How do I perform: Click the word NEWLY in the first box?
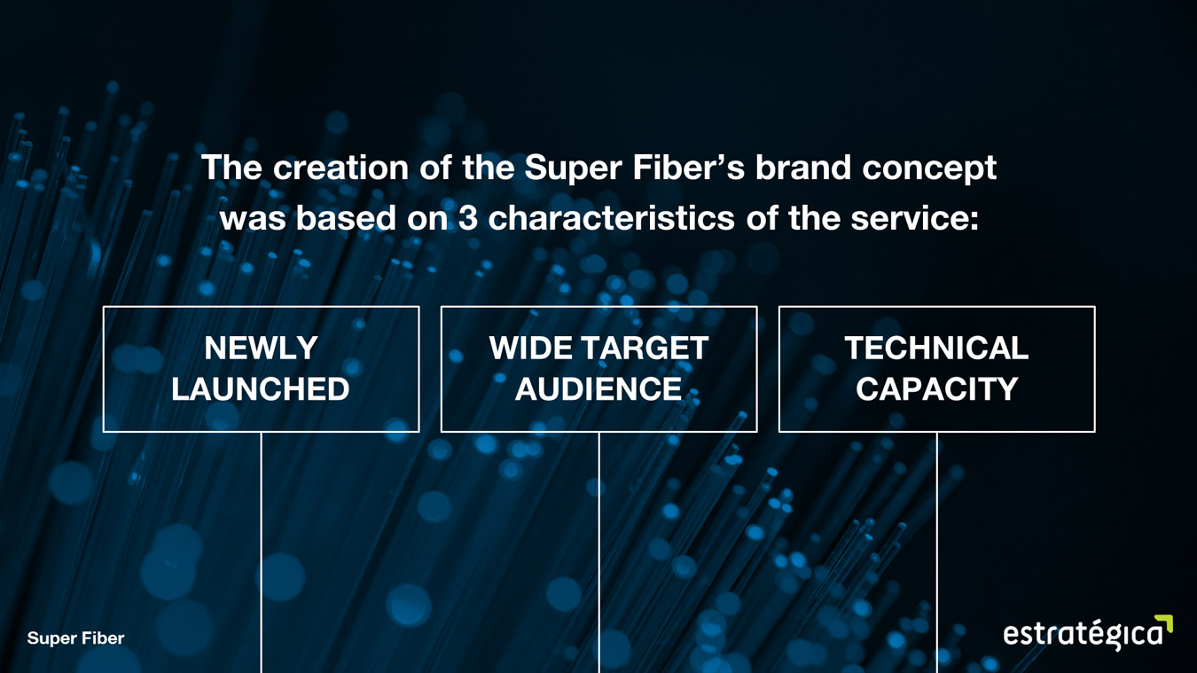tap(262, 348)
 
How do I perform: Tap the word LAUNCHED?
tap(261, 388)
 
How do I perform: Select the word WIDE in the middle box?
tap(530, 348)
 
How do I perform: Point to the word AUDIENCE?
tap(598, 388)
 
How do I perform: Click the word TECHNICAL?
tap(936, 348)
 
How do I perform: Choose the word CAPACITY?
tap(936, 388)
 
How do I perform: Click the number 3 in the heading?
tap(467, 218)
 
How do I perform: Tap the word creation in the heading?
tap(341, 168)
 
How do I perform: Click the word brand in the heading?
tap(802, 168)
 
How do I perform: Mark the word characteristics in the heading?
tap(611, 218)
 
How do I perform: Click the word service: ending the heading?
tap(914, 219)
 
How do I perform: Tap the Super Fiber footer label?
tap(76, 638)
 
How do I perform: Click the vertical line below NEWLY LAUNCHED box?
tap(262, 552)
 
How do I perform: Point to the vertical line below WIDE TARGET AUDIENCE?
tap(599, 552)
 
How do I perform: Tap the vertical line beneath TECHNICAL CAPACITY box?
tap(936, 552)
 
